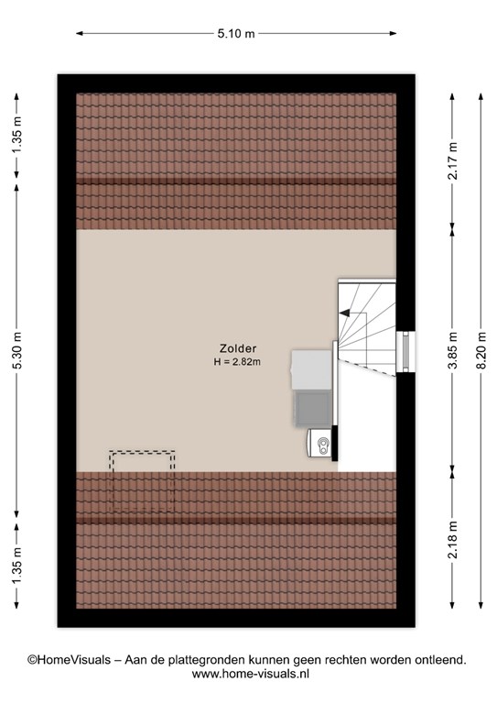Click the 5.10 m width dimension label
[x=236, y=33]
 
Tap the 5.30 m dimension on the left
[x=17, y=351]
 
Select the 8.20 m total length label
[x=481, y=351]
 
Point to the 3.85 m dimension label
[x=452, y=351]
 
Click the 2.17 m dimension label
[x=452, y=160]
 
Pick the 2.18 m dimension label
[x=452, y=539]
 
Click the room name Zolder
[x=238, y=348]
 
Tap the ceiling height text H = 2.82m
[x=237, y=361]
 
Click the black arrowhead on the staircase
[x=344, y=313]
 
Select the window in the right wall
[x=405, y=352]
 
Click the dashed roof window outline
[x=142, y=481]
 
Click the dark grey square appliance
[x=313, y=409]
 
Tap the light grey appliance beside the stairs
[x=311, y=370]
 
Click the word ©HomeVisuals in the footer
[x=69, y=660]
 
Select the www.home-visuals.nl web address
[x=251, y=674]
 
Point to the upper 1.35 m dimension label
[x=17, y=135]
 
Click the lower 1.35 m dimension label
[x=17, y=566]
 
